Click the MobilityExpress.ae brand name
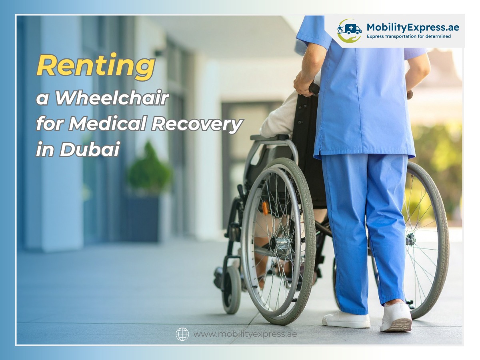[x=412, y=28]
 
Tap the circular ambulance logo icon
[x=349, y=30]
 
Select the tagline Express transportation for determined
[x=408, y=36]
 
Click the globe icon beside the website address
[x=182, y=334]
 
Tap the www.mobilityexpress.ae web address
[x=245, y=334]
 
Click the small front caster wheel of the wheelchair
[x=232, y=289]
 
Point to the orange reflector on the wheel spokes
[x=265, y=208]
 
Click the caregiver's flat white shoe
[x=346, y=320]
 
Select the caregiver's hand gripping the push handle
[x=304, y=86]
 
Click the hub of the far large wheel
[x=410, y=239]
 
